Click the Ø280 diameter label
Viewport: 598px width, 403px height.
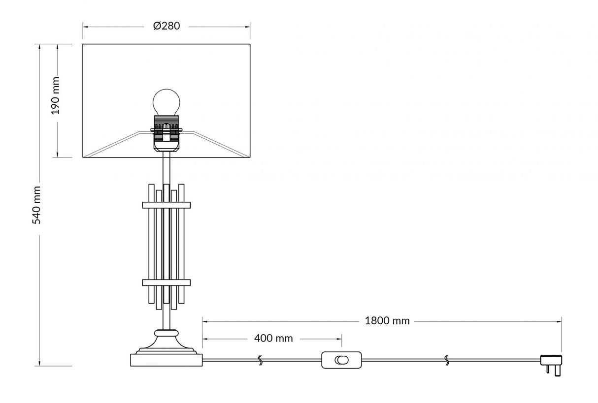coord(166,27)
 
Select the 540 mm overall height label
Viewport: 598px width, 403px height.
coord(36,205)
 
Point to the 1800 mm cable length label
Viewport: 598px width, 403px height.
coord(387,321)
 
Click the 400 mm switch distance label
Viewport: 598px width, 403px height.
coord(273,339)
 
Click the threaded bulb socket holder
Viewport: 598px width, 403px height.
coord(166,131)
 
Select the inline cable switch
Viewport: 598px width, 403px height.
coord(341,360)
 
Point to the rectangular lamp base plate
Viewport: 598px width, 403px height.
coord(166,360)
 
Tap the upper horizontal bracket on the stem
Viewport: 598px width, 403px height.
coord(166,205)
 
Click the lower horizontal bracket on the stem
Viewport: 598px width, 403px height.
coord(166,282)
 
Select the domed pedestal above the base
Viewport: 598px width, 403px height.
coord(166,341)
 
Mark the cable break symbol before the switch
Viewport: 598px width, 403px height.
coord(260,360)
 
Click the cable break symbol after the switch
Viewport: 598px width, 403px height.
coord(447,360)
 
